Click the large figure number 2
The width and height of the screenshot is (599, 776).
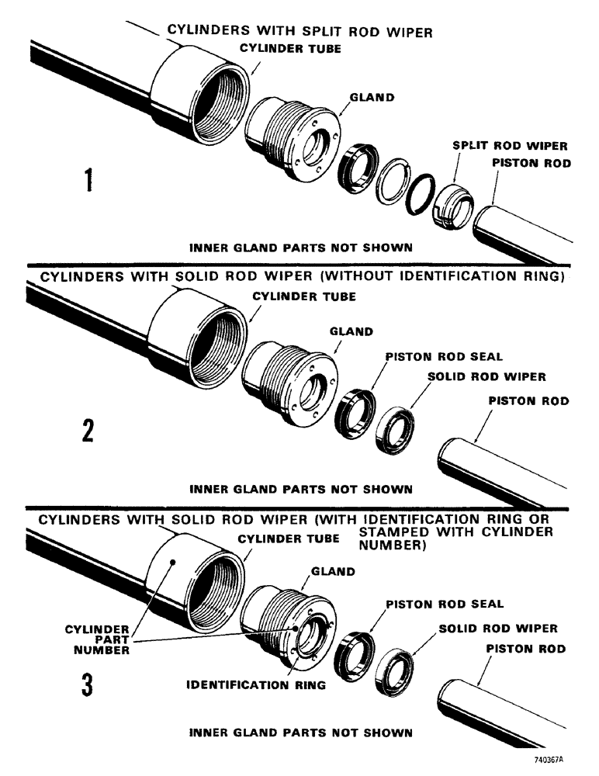(88, 431)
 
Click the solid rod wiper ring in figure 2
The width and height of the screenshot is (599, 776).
(394, 424)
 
